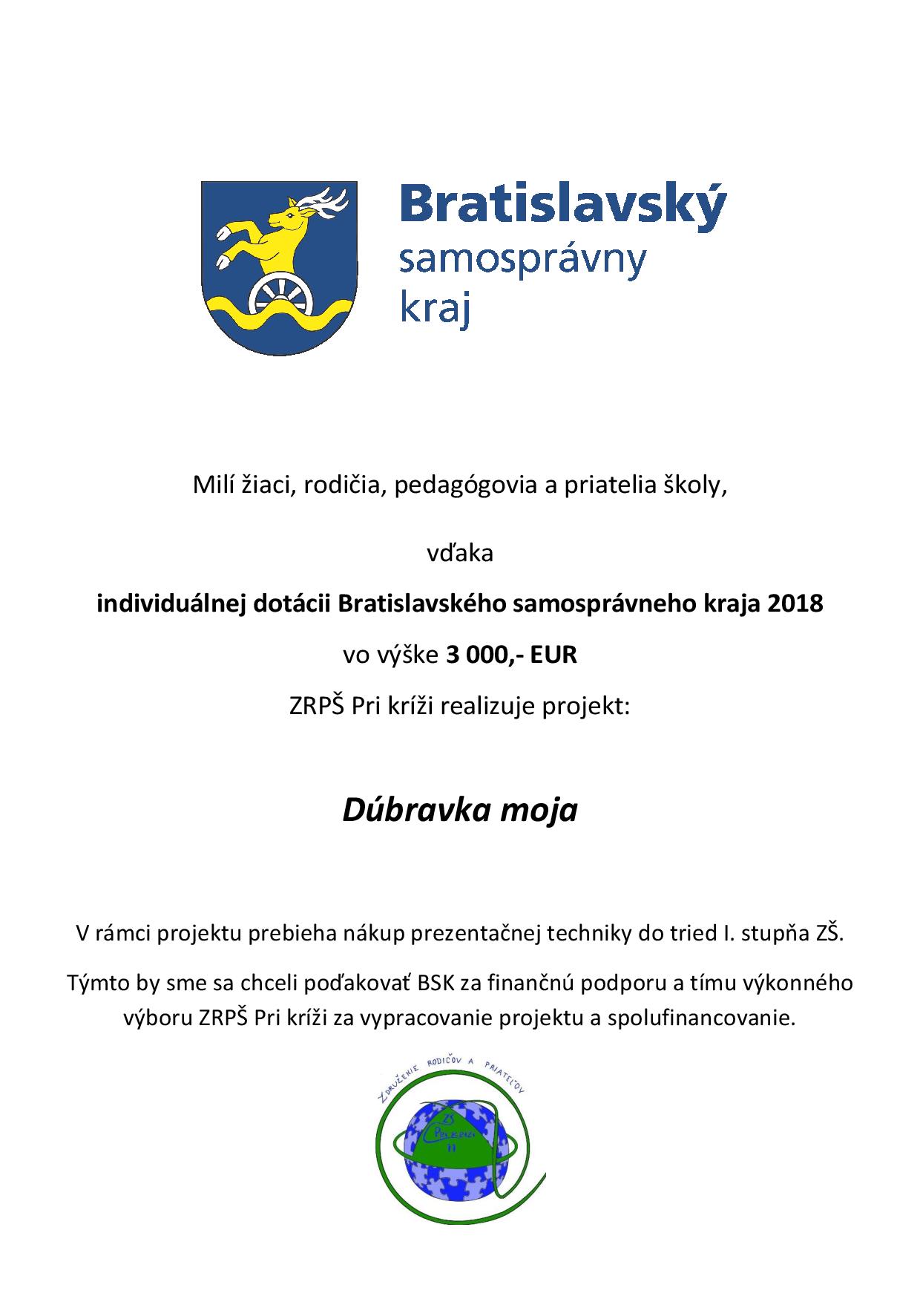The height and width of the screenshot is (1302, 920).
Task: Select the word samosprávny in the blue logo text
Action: click(x=522, y=261)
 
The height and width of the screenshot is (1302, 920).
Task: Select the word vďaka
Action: click(x=460, y=553)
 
